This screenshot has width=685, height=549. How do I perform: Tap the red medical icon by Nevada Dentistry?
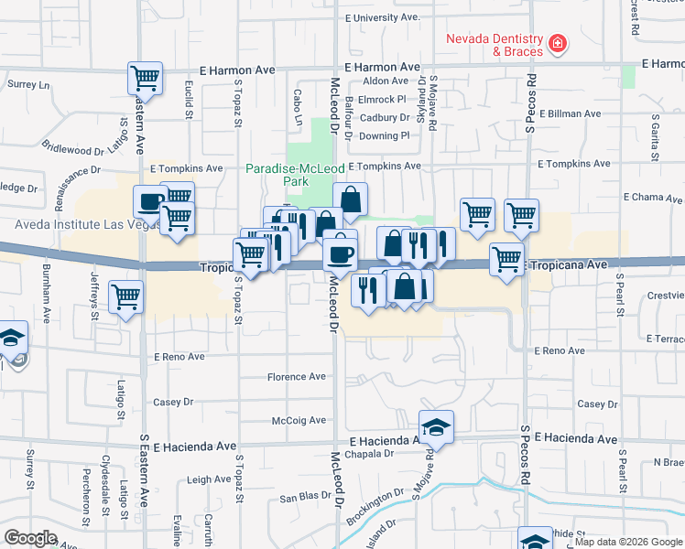(x=557, y=43)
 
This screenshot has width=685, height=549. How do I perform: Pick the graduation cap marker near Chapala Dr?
(x=437, y=427)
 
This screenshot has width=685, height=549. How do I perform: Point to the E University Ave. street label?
(x=382, y=17)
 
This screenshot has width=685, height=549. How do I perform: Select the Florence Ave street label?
(x=297, y=376)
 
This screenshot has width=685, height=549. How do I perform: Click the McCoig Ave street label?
(x=299, y=420)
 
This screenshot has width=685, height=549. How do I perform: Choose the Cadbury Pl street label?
(x=383, y=117)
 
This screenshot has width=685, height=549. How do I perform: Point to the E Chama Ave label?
(x=653, y=197)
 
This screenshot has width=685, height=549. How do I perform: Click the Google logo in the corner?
(x=30, y=538)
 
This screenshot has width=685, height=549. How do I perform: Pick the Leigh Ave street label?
(x=209, y=479)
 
